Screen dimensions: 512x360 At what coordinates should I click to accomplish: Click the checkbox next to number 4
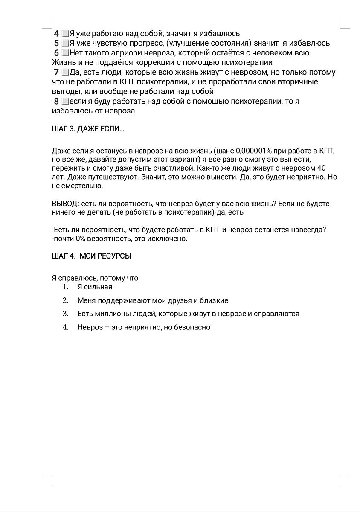65,33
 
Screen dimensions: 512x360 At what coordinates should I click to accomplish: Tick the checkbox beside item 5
65,43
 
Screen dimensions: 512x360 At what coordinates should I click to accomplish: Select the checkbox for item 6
65,53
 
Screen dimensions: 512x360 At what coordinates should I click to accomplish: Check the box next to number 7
65,72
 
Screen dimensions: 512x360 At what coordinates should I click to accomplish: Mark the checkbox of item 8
65,102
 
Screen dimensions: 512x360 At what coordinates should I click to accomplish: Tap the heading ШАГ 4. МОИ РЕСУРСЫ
91,256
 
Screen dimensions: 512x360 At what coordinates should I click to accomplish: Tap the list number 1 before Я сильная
65,287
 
